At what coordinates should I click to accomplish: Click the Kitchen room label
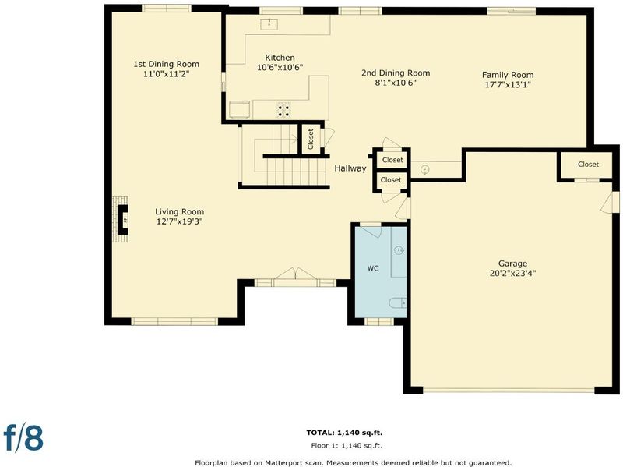pyautogui.click(x=280, y=58)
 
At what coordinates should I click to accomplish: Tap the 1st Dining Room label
pyautogui.click(x=166, y=64)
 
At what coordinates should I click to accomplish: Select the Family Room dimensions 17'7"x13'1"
pyautogui.click(x=508, y=84)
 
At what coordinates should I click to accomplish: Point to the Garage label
pyautogui.click(x=512, y=264)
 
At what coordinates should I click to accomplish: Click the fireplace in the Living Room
pyautogui.click(x=121, y=220)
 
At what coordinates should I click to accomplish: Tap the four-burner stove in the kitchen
pyautogui.click(x=283, y=111)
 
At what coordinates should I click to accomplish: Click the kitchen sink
pyautogui.click(x=269, y=24)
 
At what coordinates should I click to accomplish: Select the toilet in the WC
pyautogui.click(x=398, y=303)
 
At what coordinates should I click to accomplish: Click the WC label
pyautogui.click(x=373, y=268)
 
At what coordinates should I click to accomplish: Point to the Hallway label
pyautogui.click(x=350, y=168)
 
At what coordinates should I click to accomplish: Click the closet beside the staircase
pyautogui.click(x=311, y=139)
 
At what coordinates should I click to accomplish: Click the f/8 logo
pyautogui.click(x=23, y=437)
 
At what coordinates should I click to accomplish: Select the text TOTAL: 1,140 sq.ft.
pyautogui.click(x=344, y=433)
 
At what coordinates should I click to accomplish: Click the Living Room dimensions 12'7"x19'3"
pyautogui.click(x=180, y=221)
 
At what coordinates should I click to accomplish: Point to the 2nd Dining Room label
pyautogui.click(x=396, y=73)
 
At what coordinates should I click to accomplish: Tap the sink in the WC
pyautogui.click(x=399, y=250)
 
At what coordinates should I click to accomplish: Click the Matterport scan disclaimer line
pyautogui.click(x=353, y=462)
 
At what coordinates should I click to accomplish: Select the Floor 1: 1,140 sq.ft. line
pyautogui.click(x=347, y=445)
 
